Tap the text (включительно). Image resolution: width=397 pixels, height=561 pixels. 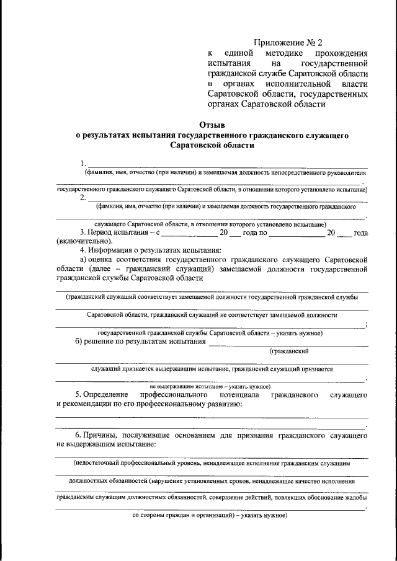(x=84, y=241)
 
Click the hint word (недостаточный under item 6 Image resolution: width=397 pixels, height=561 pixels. (x=103, y=463)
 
